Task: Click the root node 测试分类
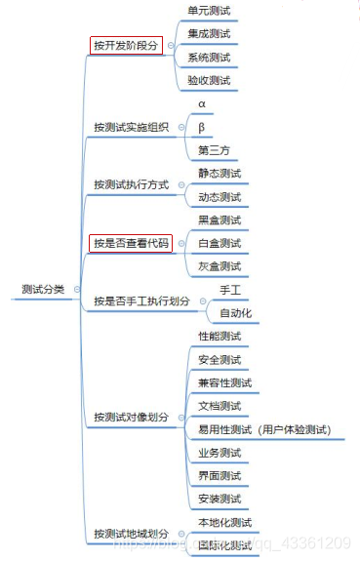(44, 289)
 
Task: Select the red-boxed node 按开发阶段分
(126, 45)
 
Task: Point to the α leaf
(202, 103)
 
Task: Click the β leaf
(202, 127)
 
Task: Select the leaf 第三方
(214, 150)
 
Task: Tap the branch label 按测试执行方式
(131, 184)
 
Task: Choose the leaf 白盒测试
(219, 243)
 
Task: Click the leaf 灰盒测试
(219, 266)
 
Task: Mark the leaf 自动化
(236, 313)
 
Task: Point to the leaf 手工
(230, 290)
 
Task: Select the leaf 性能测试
(219, 337)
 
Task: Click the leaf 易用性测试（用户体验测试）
(263, 429)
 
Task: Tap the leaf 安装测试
(219, 499)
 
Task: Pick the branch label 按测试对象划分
(131, 417)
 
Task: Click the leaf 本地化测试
(224, 523)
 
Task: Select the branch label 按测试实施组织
(131, 127)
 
